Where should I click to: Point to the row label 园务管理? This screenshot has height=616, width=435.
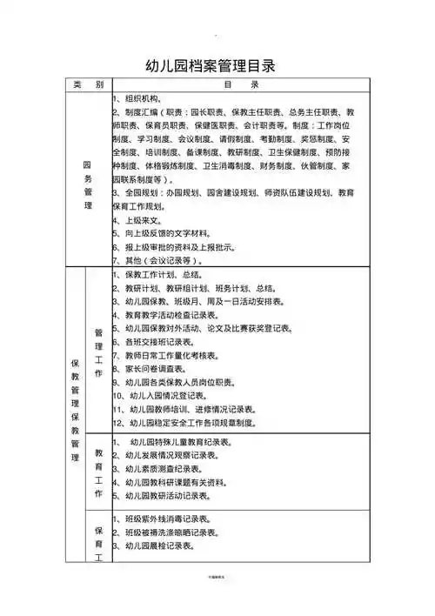[88, 183]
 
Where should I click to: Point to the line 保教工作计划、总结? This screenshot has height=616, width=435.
[162, 275]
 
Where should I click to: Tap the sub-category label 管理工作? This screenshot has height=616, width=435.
[99, 348]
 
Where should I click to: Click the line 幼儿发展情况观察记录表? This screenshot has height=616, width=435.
[175, 455]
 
